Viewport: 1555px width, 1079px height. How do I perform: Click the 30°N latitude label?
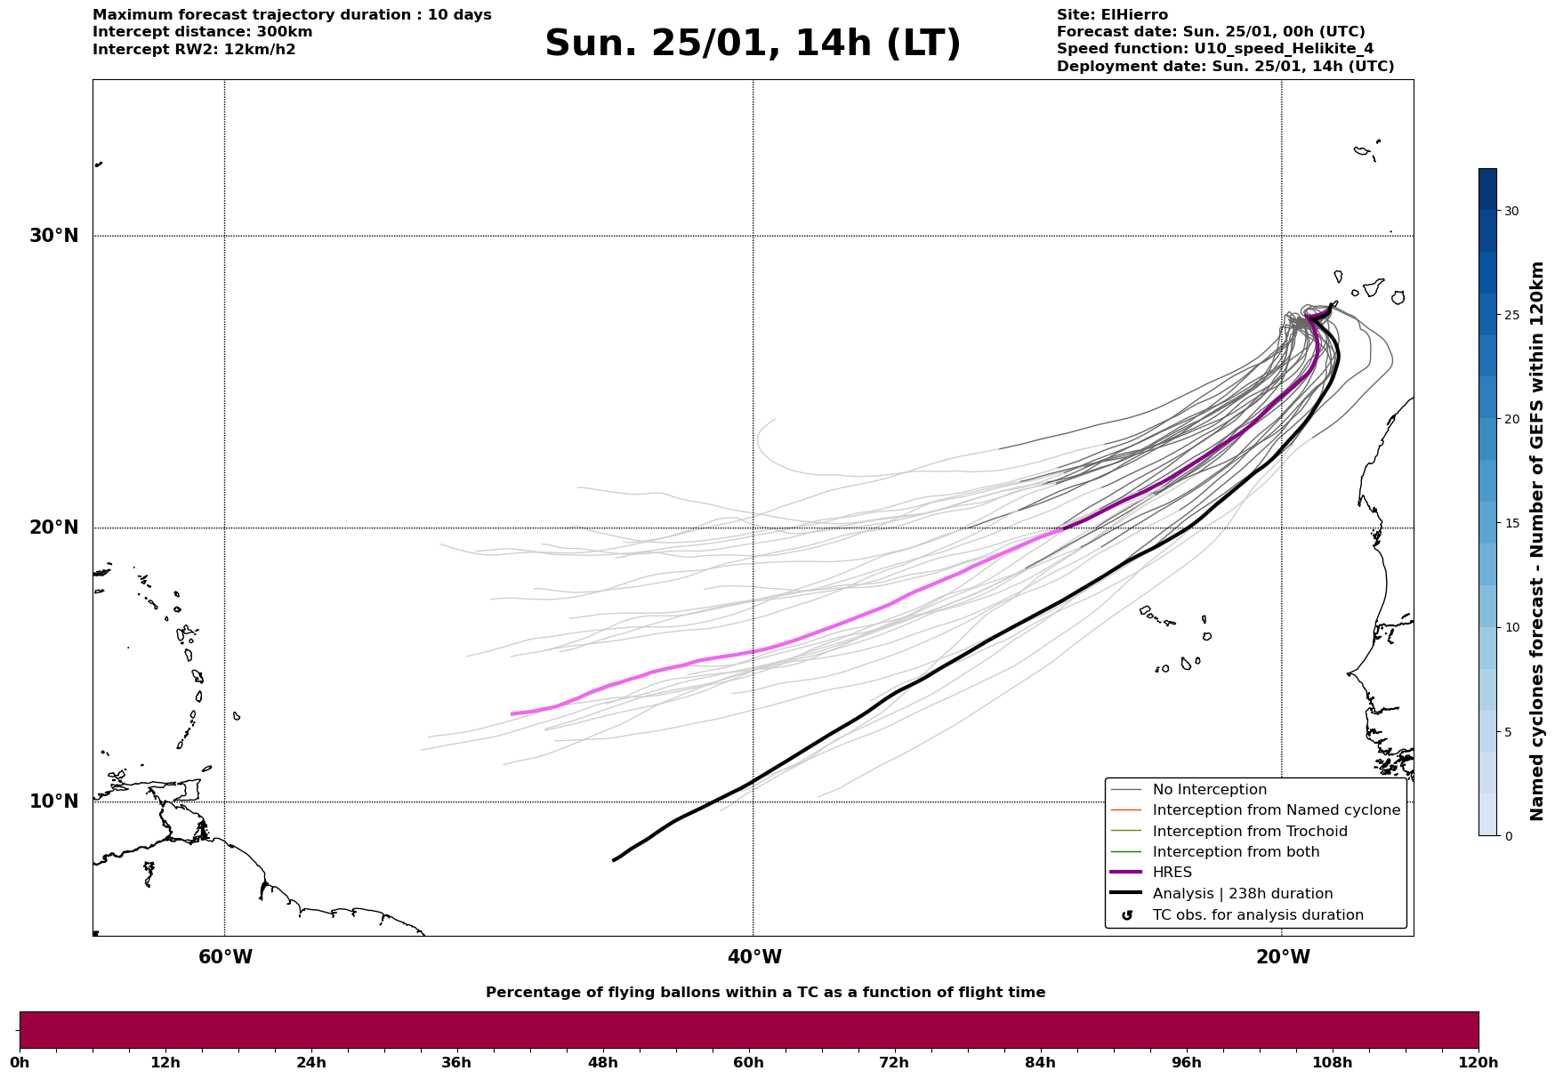pos(54,236)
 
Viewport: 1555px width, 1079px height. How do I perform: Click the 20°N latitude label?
pos(54,527)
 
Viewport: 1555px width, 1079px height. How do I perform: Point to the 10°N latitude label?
pos(54,801)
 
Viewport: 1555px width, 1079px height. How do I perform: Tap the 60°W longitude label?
pos(225,957)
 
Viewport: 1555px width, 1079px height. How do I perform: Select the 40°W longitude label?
pos(754,957)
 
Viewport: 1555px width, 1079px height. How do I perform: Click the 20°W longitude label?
pos(1283,957)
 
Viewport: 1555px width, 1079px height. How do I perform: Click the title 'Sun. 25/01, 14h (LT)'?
pos(753,44)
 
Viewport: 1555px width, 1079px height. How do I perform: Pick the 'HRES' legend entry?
pos(1172,873)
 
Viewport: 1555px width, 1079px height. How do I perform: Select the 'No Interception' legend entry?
pos(1209,790)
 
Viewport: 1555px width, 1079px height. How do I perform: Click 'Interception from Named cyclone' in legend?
pos(1276,810)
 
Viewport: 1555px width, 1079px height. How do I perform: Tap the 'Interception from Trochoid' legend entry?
pos(1249,832)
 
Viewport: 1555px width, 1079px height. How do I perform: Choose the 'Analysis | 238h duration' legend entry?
pos(1242,894)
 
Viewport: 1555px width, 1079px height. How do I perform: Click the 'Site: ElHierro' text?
pos(1112,15)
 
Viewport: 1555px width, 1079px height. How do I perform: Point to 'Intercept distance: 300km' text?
pos(202,32)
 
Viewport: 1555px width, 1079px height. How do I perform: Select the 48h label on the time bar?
pos(602,1063)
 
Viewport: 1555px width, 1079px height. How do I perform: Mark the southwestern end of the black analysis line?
pos(614,860)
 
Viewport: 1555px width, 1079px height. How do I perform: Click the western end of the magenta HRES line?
pos(512,714)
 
